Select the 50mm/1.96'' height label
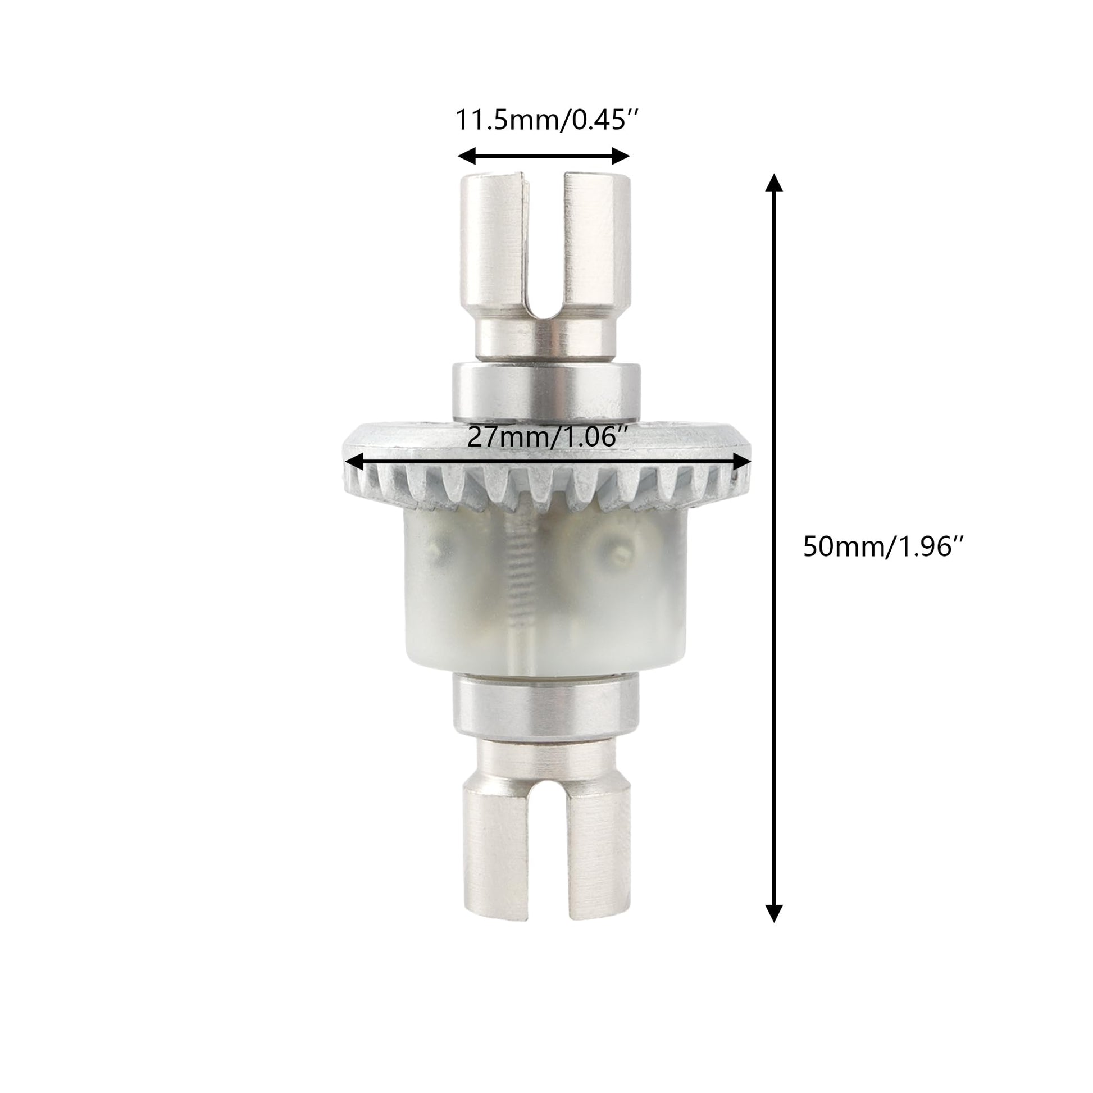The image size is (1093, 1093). click(883, 547)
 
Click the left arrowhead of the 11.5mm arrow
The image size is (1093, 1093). click(466, 156)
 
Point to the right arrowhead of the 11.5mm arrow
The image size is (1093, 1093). click(621, 156)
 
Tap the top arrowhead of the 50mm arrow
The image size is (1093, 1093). click(773, 183)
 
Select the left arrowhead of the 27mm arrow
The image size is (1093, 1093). click(354, 462)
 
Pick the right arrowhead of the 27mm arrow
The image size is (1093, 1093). click(741, 462)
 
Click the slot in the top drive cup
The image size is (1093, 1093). click(542, 249)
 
